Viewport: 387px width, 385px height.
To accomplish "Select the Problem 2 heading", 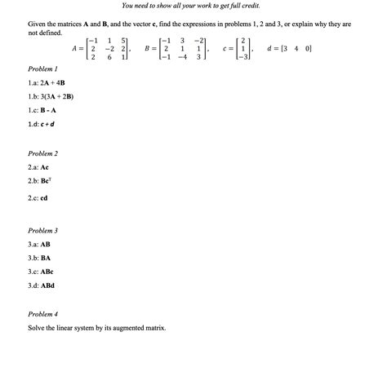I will point(42,153).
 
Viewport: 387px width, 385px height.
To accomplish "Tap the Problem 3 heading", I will point(42,231).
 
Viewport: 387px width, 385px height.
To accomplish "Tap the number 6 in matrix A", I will point(109,58).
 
